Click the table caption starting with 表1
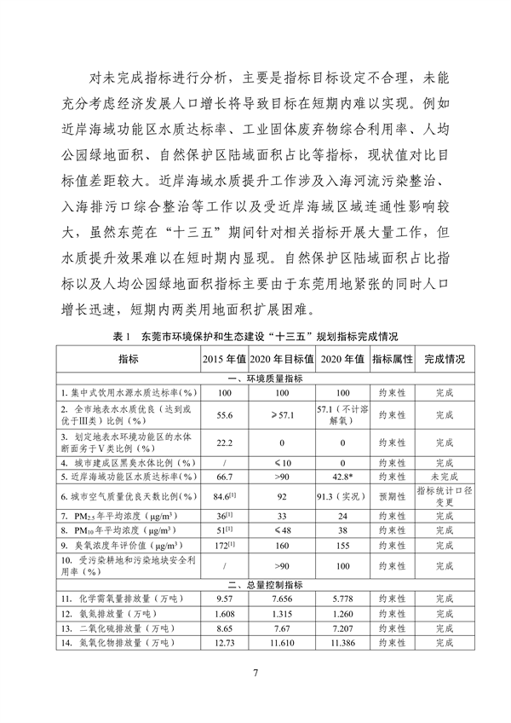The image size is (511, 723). click(x=255, y=338)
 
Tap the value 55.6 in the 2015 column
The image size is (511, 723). click(x=225, y=414)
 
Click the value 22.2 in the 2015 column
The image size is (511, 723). click(x=225, y=442)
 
